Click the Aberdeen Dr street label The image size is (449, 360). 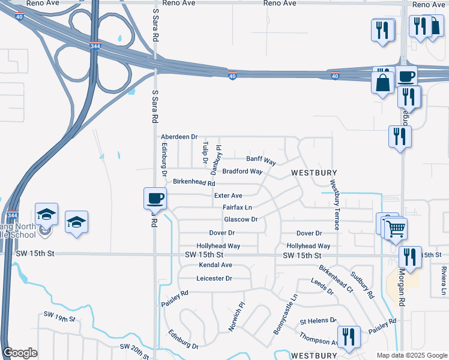(179, 137)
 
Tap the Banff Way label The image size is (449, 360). (261, 161)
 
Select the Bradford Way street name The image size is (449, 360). (243, 172)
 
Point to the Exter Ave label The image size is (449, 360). (228, 196)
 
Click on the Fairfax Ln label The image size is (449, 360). (237, 208)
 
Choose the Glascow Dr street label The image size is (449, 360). (241, 220)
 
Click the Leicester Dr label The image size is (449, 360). (214, 278)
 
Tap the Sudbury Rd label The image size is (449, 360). (363, 287)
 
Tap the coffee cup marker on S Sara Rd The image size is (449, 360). (155, 197)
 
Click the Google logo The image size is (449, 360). (20, 353)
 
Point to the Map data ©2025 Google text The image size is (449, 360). (411, 355)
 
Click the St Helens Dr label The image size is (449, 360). (318, 321)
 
